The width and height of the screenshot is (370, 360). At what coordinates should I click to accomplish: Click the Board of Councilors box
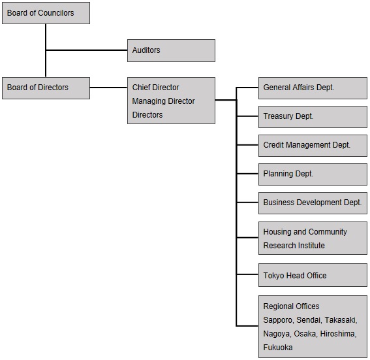[x=46, y=13]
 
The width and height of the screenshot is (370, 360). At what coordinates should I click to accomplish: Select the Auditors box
[x=172, y=50]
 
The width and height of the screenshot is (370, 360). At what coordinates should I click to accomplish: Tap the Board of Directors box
[x=46, y=88]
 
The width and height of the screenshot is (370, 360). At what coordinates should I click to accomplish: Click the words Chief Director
[x=155, y=88]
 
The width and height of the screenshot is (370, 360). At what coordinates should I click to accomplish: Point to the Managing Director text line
[x=164, y=101]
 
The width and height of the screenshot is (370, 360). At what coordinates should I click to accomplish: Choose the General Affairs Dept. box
[x=313, y=88]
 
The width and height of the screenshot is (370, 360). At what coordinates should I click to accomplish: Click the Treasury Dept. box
[x=313, y=117]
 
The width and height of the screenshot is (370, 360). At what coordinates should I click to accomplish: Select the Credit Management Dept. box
[x=313, y=146]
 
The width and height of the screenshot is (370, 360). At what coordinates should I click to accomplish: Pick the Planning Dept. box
[x=313, y=174]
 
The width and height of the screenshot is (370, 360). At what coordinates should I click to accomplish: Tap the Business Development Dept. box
[x=313, y=203]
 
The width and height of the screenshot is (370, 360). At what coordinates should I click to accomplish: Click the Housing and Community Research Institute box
[x=313, y=238]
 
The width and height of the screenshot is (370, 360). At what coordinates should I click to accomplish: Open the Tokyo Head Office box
[x=313, y=275]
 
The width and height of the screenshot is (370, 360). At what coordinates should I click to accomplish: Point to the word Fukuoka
[x=278, y=348]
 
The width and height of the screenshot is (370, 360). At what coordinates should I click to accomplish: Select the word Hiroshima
[x=339, y=334]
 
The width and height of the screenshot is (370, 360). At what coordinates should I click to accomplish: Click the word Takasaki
[x=341, y=320]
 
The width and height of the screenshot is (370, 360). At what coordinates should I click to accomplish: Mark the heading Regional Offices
[x=291, y=306]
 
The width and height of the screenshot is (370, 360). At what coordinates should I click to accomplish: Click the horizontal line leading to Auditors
[x=87, y=50]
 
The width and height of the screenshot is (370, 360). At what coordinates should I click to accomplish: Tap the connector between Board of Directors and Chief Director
[x=108, y=88]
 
